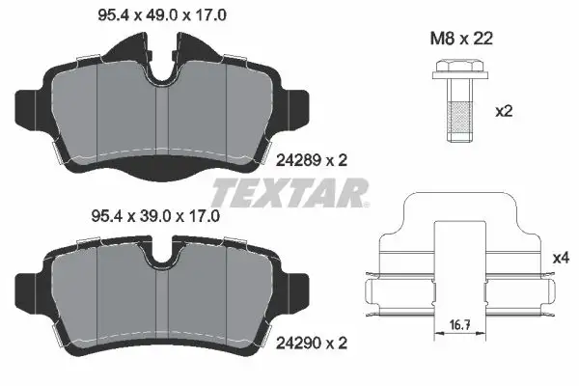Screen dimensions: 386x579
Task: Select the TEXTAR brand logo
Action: [289, 192]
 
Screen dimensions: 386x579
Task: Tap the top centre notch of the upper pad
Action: [161, 66]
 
